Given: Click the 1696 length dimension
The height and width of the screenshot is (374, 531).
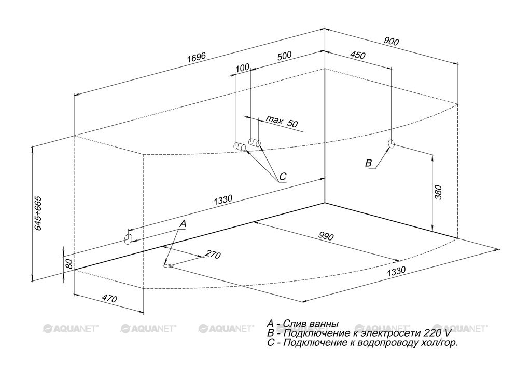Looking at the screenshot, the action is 197,57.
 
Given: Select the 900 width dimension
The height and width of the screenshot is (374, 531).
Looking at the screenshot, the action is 391,42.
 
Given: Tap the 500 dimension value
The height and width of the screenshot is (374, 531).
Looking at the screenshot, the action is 284,56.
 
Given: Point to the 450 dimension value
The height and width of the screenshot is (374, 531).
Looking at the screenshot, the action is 357,55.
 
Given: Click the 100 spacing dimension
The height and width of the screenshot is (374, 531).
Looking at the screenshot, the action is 243,68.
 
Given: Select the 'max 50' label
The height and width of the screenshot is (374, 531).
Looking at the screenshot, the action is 282,121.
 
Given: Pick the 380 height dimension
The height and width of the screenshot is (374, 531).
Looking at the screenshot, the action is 438,192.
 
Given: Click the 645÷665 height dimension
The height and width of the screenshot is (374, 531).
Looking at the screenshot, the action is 38,213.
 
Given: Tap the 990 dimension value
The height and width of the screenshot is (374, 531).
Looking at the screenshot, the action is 326,235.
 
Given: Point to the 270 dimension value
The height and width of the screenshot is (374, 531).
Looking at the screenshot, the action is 213,255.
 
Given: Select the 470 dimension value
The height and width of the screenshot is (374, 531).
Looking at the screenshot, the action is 109,298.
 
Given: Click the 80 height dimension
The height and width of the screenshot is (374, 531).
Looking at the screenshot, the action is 69,263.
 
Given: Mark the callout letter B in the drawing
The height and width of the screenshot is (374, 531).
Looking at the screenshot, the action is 369,163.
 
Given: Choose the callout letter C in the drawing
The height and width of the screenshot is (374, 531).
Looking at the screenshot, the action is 283,176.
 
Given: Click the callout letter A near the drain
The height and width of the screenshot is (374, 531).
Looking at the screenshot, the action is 183,224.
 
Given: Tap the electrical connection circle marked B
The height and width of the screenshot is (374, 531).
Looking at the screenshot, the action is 391,144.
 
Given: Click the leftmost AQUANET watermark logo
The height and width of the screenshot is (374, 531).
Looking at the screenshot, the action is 71,328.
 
